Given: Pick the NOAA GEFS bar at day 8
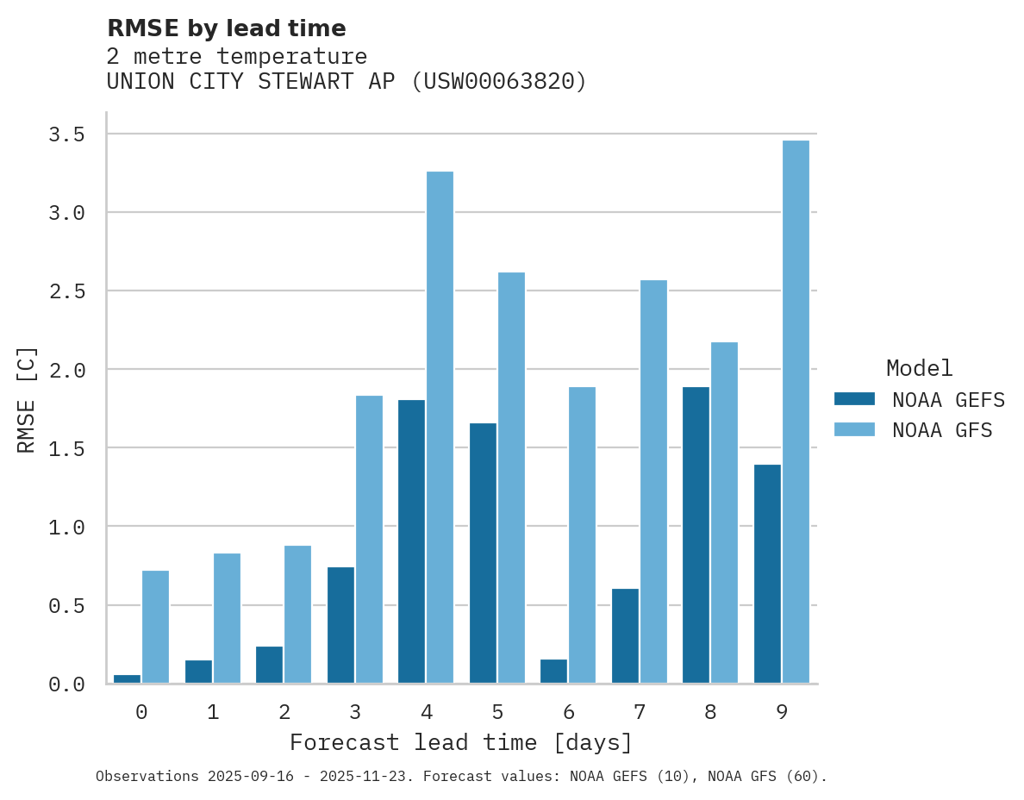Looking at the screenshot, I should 696,535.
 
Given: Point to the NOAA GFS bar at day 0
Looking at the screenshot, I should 155,627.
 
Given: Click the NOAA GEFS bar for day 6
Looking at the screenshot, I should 553,671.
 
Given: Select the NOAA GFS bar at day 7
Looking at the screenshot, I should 653,482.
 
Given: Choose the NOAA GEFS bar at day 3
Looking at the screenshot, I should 340,625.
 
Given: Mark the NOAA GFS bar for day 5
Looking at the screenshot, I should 511,478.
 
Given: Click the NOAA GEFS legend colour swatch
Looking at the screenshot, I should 854,399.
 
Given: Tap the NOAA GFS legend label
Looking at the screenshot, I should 942,430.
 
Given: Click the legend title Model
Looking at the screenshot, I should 919,369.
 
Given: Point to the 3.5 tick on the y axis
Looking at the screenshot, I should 66,134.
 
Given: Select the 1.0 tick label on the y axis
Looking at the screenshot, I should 66,527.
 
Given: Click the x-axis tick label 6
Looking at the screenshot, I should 568,712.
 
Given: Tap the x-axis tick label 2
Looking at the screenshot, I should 284,712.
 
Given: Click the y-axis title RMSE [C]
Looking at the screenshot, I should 27,399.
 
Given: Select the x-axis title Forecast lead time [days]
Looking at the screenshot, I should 461,743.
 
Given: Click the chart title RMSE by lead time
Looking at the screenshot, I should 226,28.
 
